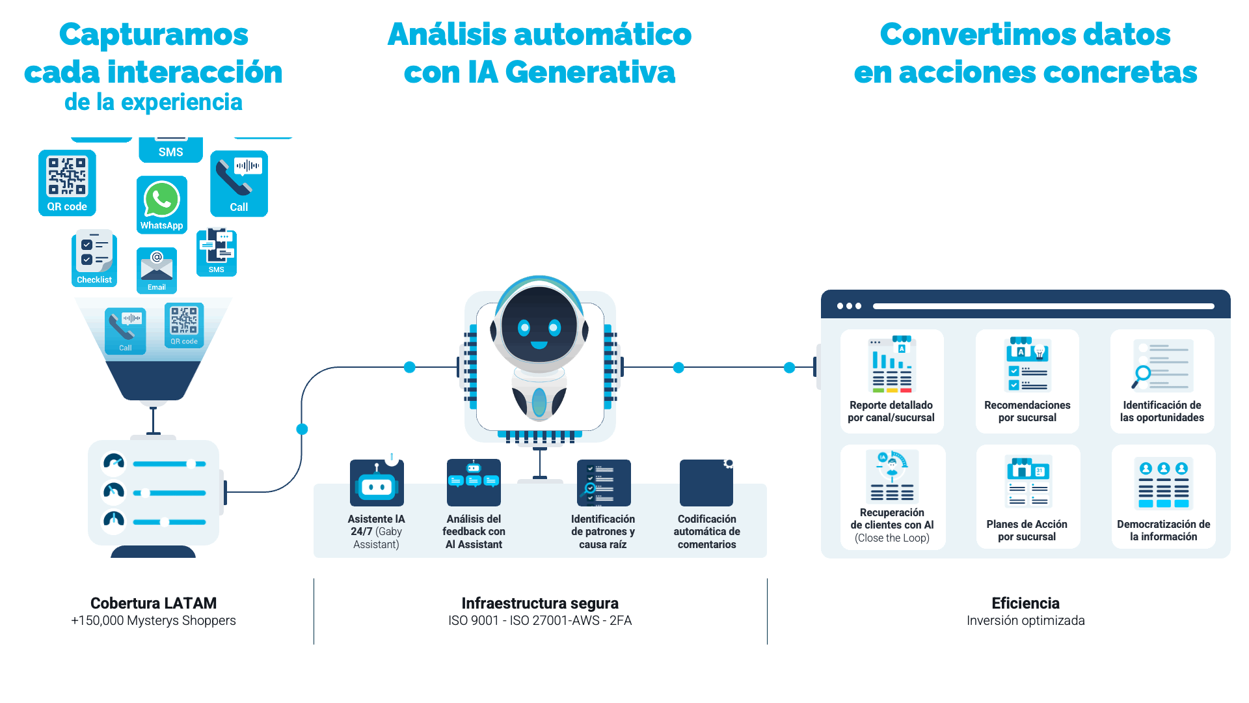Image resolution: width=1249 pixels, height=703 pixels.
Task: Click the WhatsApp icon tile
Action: [161, 204]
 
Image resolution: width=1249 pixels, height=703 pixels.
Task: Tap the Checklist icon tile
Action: [94, 258]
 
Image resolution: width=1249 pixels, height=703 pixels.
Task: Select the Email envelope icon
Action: [157, 269]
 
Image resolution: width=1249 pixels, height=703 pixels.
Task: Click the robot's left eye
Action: [524, 327]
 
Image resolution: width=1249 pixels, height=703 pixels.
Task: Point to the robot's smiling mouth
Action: [539, 345]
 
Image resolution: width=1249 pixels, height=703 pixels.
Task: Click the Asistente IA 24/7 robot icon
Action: [377, 483]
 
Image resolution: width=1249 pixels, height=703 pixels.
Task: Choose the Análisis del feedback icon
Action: [474, 482]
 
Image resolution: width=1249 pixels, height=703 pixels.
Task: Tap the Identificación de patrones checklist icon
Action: [604, 483]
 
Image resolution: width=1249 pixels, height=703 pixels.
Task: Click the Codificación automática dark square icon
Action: [706, 483]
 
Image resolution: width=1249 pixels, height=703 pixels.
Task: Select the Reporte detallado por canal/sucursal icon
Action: [892, 365]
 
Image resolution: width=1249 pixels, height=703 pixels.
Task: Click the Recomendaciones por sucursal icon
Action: [1027, 365]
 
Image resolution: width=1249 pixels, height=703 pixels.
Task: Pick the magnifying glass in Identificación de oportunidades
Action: [1142, 375]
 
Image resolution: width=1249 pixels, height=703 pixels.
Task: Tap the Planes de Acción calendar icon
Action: [1028, 481]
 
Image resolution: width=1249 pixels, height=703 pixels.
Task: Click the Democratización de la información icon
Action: [1163, 483]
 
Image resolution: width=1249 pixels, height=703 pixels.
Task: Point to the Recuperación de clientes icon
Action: [893, 476]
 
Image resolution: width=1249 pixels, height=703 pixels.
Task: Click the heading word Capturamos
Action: [154, 34]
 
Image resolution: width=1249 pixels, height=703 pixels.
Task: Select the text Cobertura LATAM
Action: [154, 603]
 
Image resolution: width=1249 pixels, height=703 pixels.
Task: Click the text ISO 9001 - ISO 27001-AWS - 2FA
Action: [540, 620]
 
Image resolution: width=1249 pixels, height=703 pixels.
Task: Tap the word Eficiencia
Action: [1025, 603]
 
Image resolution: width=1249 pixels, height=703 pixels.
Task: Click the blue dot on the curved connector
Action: [302, 429]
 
